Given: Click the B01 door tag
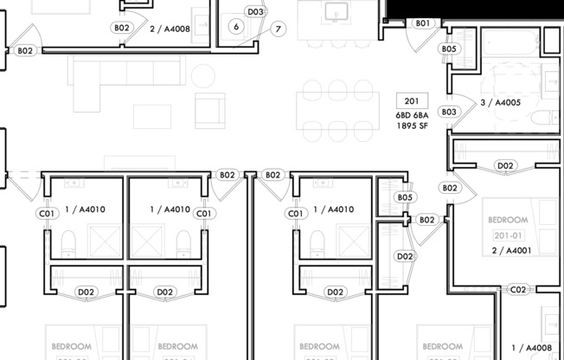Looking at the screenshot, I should [x=422, y=23].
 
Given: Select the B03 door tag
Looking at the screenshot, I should [x=448, y=112].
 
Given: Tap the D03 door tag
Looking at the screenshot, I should [x=254, y=12].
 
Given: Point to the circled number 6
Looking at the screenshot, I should [x=235, y=27].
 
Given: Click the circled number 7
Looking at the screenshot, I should [x=278, y=29].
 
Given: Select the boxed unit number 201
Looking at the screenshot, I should [x=411, y=100].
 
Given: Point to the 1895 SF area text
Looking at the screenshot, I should [x=413, y=125].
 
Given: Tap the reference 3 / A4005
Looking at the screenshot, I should [x=500, y=103].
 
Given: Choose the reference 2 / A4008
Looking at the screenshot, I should [x=170, y=28].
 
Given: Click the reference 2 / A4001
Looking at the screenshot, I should [x=510, y=250].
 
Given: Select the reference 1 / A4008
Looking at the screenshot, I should [x=530, y=348].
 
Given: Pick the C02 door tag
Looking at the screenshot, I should [x=518, y=290].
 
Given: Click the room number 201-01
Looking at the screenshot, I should [x=508, y=235].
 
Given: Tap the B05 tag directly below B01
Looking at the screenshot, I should [x=448, y=49].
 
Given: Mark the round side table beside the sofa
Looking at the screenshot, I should [x=202, y=76].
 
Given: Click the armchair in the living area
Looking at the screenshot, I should [x=209, y=110].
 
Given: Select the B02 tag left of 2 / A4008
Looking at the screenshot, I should [x=122, y=28].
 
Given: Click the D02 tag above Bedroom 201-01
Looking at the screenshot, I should [x=505, y=165].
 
